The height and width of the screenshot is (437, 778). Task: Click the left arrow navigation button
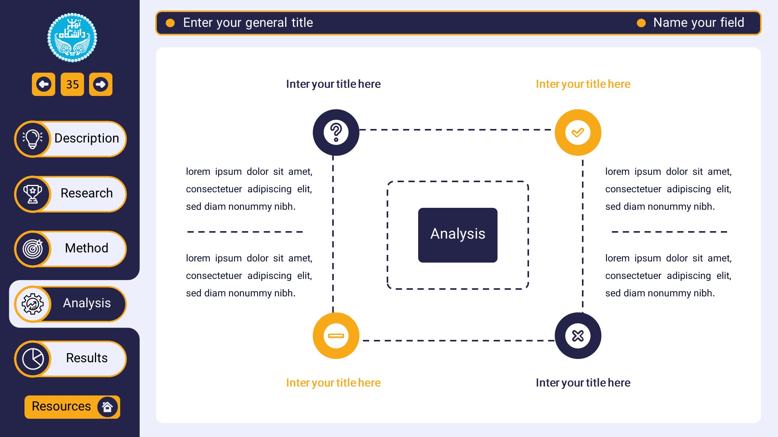[44, 84]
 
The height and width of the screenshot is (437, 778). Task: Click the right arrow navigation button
[101, 84]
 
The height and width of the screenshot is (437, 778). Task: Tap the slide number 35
[72, 84]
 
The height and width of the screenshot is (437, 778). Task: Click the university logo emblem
[72, 38]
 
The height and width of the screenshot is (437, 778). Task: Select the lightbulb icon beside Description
[33, 139]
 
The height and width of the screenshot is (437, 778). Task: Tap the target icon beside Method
[33, 249]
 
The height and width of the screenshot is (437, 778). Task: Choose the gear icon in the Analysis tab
[33, 304]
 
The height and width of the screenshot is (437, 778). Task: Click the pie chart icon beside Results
[33, 359]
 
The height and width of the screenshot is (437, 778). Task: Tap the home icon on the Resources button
[107, 407]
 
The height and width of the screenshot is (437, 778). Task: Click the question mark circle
[336, 132]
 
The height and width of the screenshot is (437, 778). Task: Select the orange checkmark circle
[578, 132]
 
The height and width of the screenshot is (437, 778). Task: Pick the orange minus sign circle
[336, 336]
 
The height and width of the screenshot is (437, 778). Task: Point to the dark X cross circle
[578, 336]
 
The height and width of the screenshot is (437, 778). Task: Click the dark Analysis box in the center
[458, 235]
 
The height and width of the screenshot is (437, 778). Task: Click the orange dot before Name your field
[641, 23]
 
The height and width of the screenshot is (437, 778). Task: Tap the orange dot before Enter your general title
[170, 23]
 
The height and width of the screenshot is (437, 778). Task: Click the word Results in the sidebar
[87, 358]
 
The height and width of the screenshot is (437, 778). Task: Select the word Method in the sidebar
[87, 248]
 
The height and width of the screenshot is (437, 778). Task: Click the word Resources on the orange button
[61, 406]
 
